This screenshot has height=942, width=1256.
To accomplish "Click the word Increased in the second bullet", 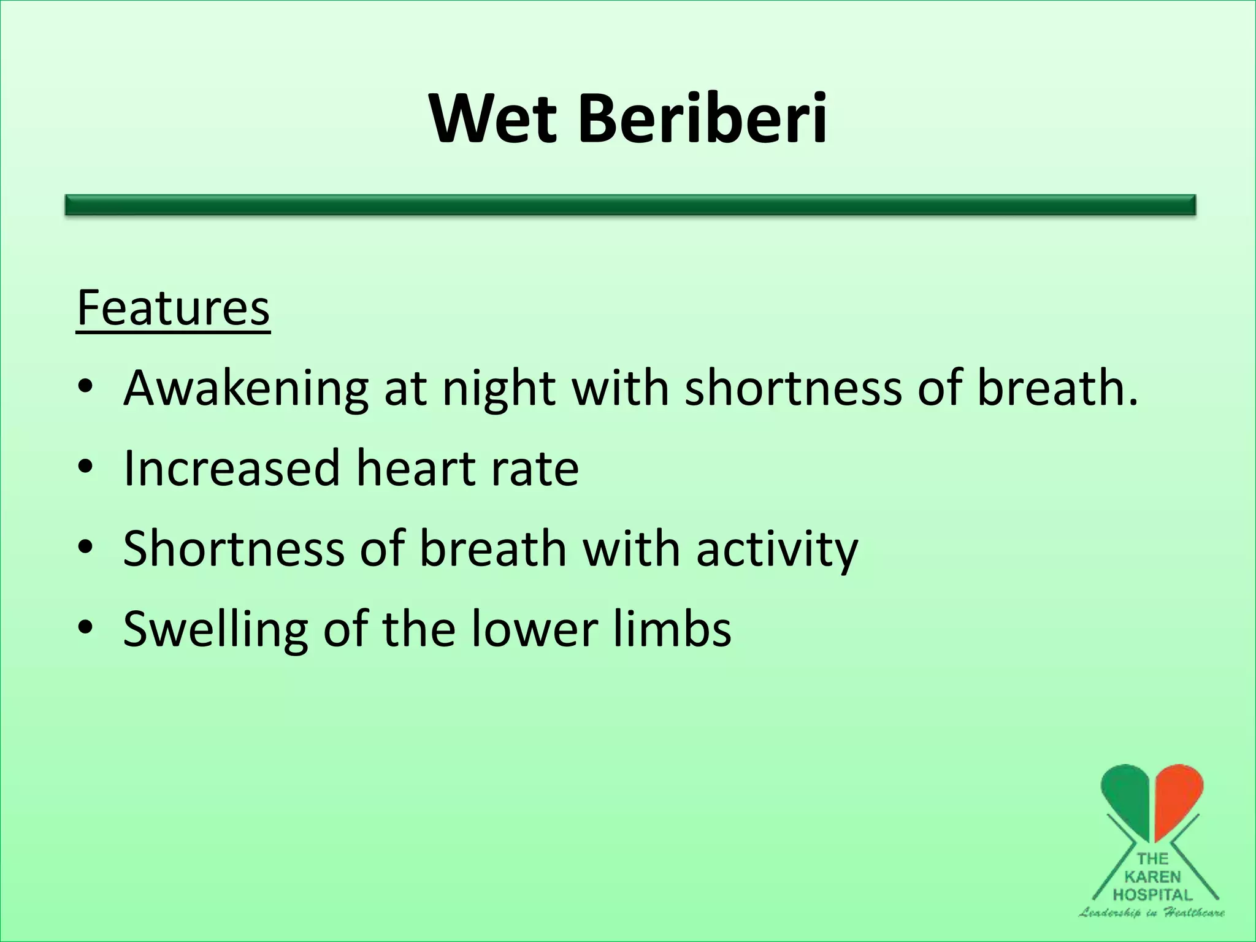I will tap(231, 468).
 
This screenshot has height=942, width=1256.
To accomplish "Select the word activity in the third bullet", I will tap(776, 549).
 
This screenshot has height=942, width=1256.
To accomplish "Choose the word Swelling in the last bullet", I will tap(215, 629).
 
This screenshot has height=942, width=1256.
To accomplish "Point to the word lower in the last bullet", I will tap(534, 629).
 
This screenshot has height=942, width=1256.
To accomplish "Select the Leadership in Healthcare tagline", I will tap(1152, 913).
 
